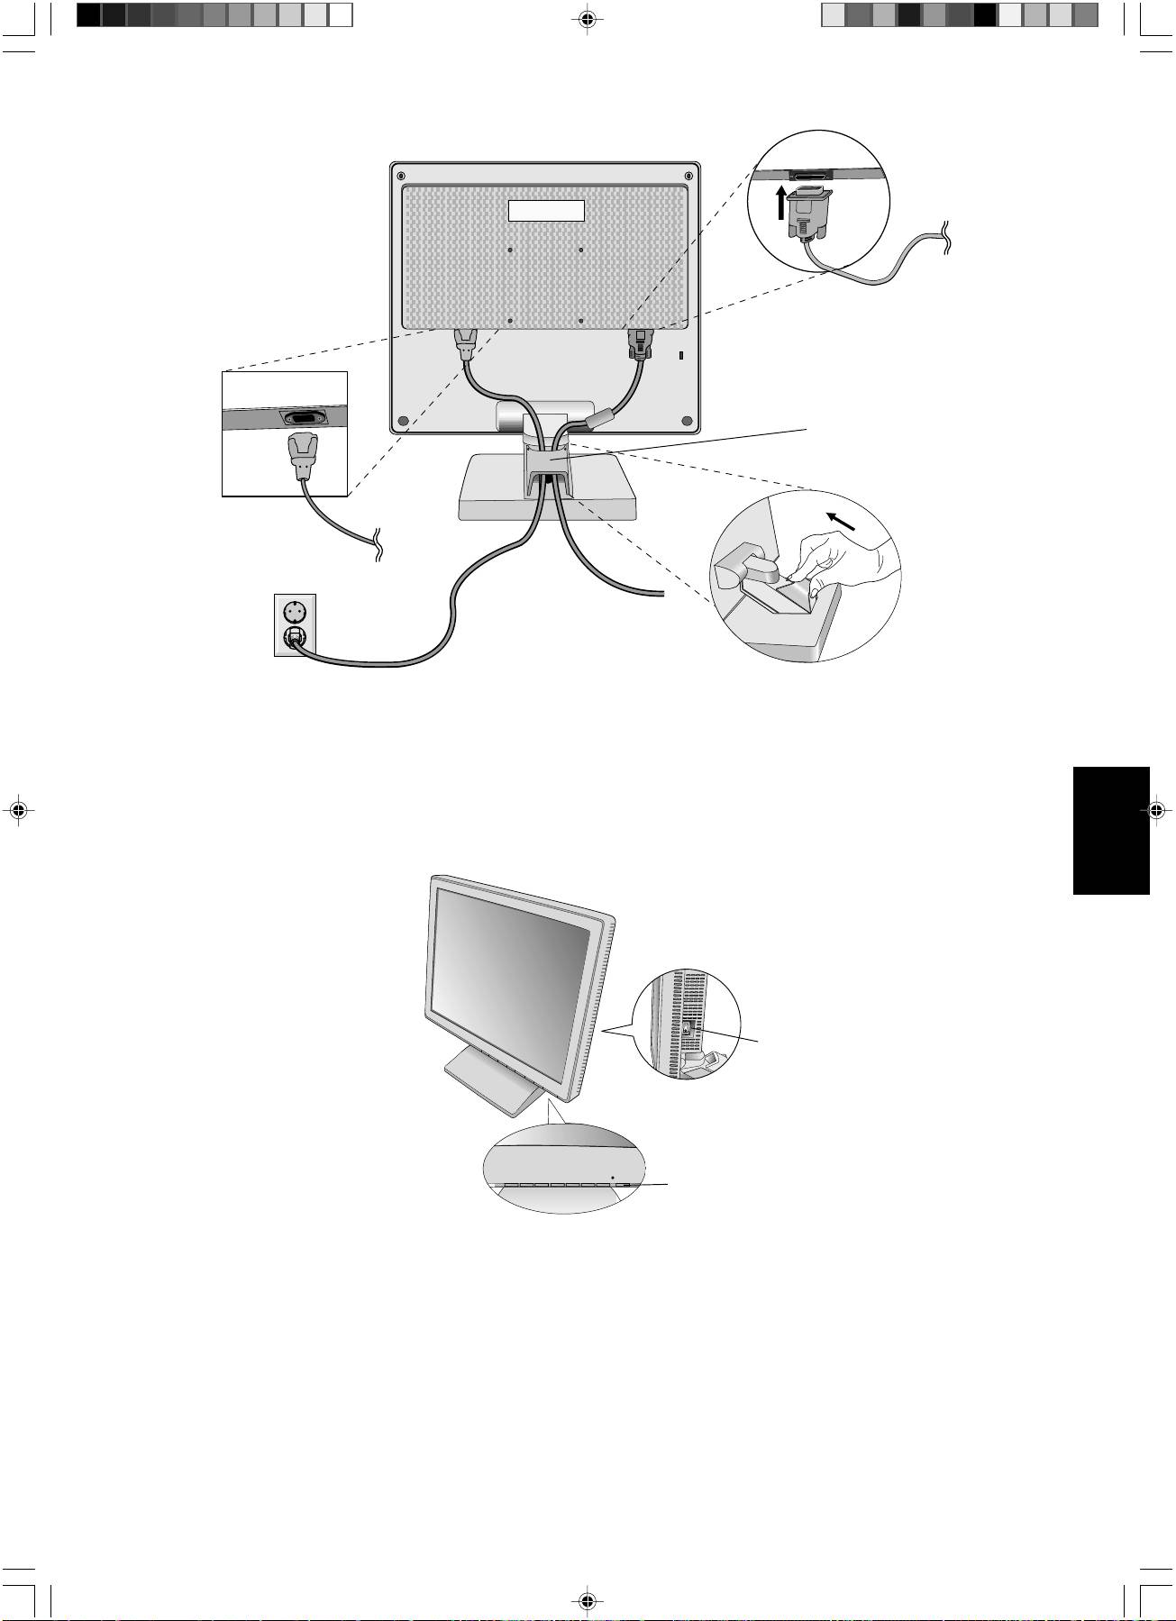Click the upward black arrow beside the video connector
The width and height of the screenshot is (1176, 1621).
(x=781, y=204)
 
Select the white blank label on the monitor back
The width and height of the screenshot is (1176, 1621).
(x=547, y=211)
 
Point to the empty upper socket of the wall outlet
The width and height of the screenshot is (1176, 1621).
(x=296, y=610)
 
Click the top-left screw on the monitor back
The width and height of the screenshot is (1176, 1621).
(x=401, y=175)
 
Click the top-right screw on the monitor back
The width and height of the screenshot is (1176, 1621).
(x=688, y=175)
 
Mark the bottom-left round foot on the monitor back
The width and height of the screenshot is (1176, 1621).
(x=403, y=421)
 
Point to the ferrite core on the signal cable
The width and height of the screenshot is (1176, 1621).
(x=599, y=418)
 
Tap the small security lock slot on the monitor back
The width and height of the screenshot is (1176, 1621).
(x=680, y=356)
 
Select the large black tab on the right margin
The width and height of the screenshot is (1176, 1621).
(x=1111, y=830)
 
